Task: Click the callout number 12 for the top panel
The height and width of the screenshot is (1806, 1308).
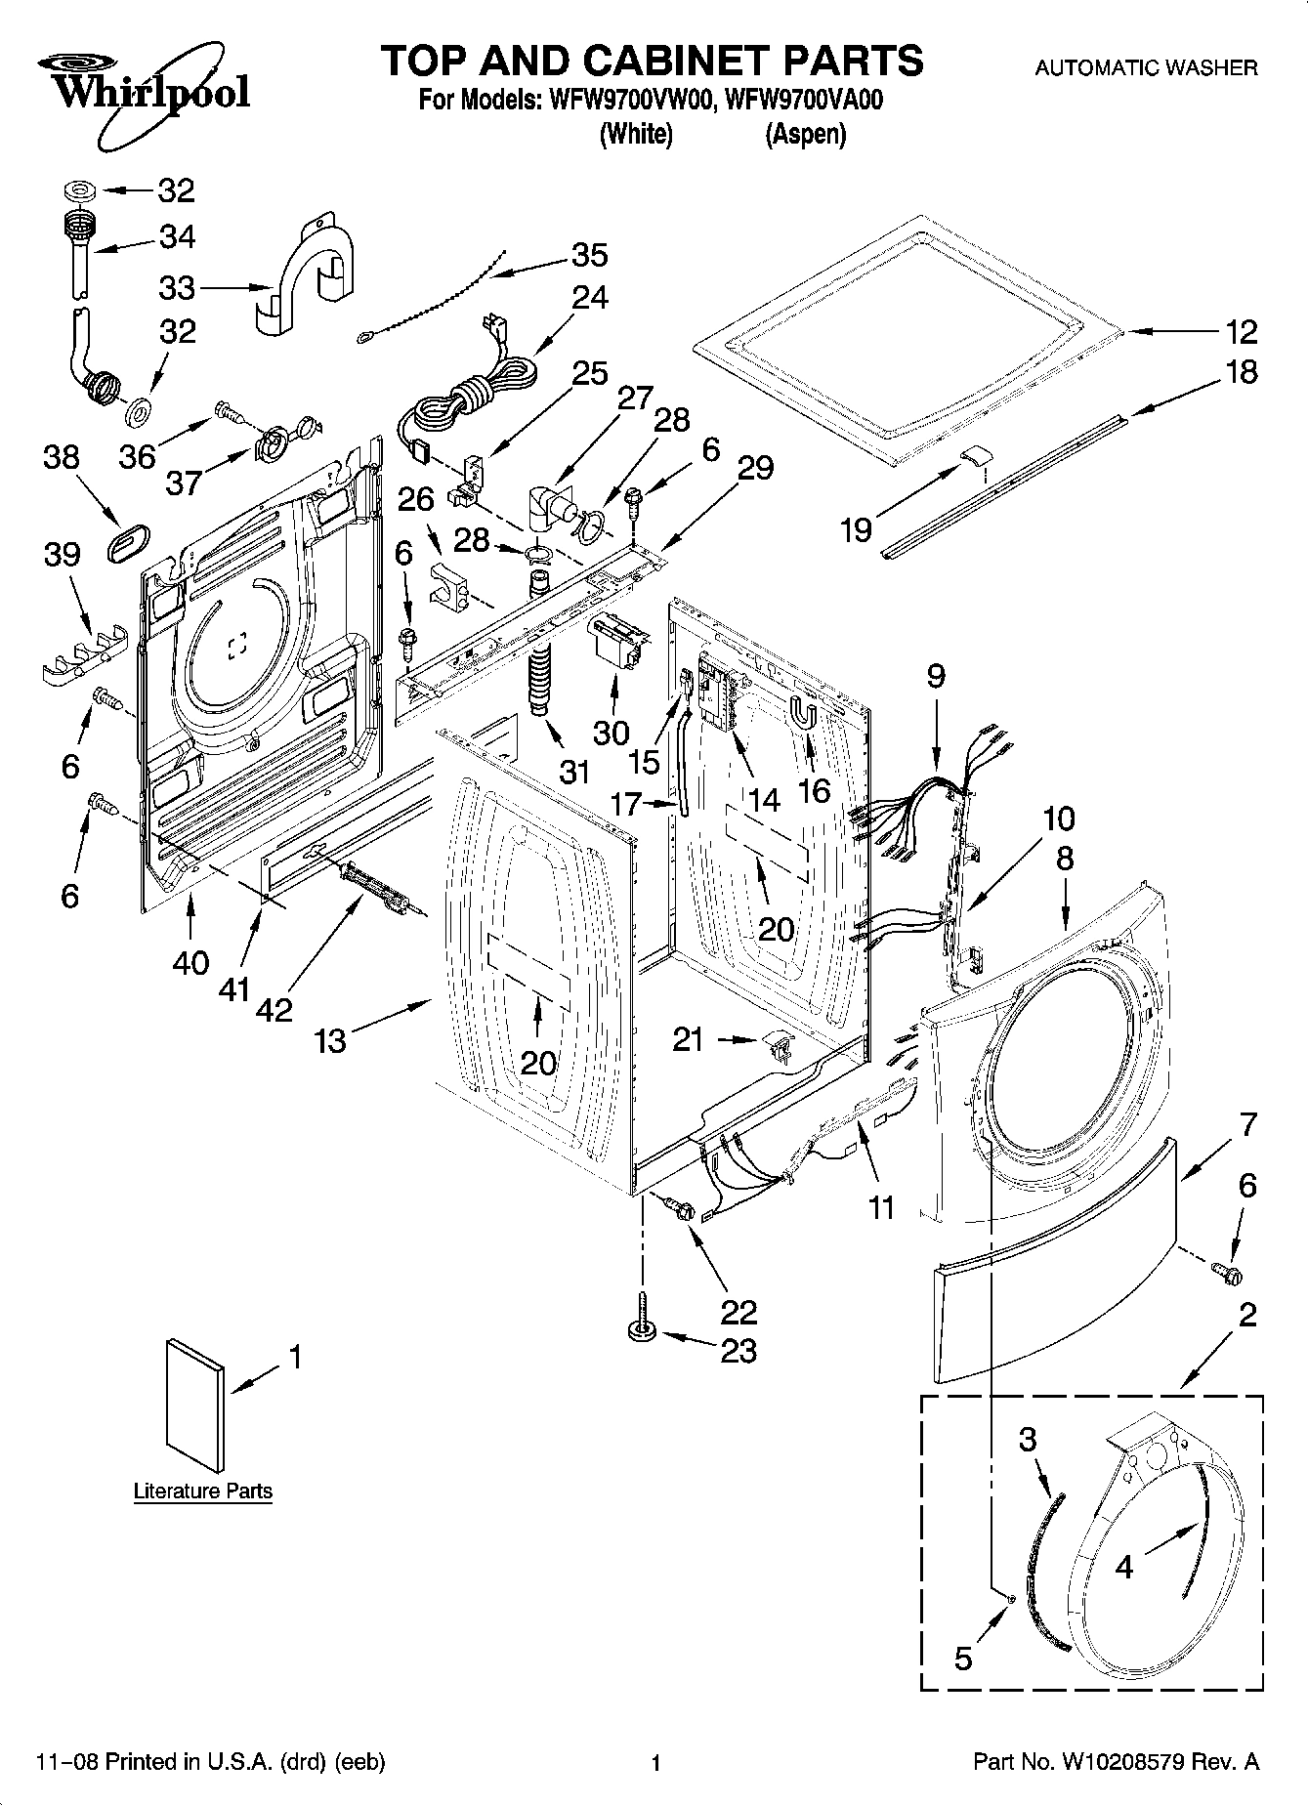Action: pos(1242,332)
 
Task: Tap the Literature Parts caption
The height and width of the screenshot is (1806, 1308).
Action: pos(202,1491)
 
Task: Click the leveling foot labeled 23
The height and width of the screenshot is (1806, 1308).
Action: pos(642,1320)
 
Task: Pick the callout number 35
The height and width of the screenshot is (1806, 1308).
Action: pos(590,255)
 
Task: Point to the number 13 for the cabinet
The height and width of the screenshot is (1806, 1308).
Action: pos(330,1041)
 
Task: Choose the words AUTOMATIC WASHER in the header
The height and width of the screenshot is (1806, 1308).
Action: pos(1145,68)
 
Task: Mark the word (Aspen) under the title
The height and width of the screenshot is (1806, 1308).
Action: pos(805,135)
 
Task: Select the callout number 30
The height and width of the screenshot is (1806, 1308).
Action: pos(612,732)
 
